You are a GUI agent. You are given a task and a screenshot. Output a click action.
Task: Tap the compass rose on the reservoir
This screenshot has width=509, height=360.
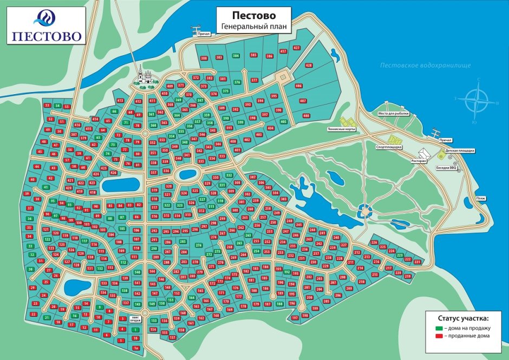pos(476,101)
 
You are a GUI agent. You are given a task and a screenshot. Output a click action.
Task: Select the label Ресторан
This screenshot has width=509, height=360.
pos(418,161)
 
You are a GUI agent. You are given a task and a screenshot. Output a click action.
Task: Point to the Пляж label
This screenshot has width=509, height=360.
pos(480,198)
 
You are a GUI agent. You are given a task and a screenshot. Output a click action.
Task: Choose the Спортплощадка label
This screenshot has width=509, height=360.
pos(389,147)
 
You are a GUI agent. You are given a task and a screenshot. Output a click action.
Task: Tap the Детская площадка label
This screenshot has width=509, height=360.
pos(460,150)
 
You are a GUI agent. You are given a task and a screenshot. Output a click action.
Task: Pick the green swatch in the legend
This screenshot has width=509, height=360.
pos(439,328)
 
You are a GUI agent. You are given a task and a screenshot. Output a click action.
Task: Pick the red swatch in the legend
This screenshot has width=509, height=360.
pos(439,336)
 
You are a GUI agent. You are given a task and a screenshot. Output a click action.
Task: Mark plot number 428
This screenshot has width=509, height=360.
pos(309,65)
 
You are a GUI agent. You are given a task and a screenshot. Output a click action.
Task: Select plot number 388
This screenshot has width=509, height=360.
pos(204,57)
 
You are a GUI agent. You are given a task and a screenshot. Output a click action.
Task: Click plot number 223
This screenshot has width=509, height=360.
pos(400,254)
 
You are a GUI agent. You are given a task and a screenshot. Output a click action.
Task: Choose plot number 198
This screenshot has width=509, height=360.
pos(305,315)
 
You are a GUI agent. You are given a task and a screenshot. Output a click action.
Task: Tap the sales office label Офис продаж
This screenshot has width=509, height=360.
pos(135,319)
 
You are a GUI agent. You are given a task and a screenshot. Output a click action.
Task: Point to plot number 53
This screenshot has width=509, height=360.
pos(47,105)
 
